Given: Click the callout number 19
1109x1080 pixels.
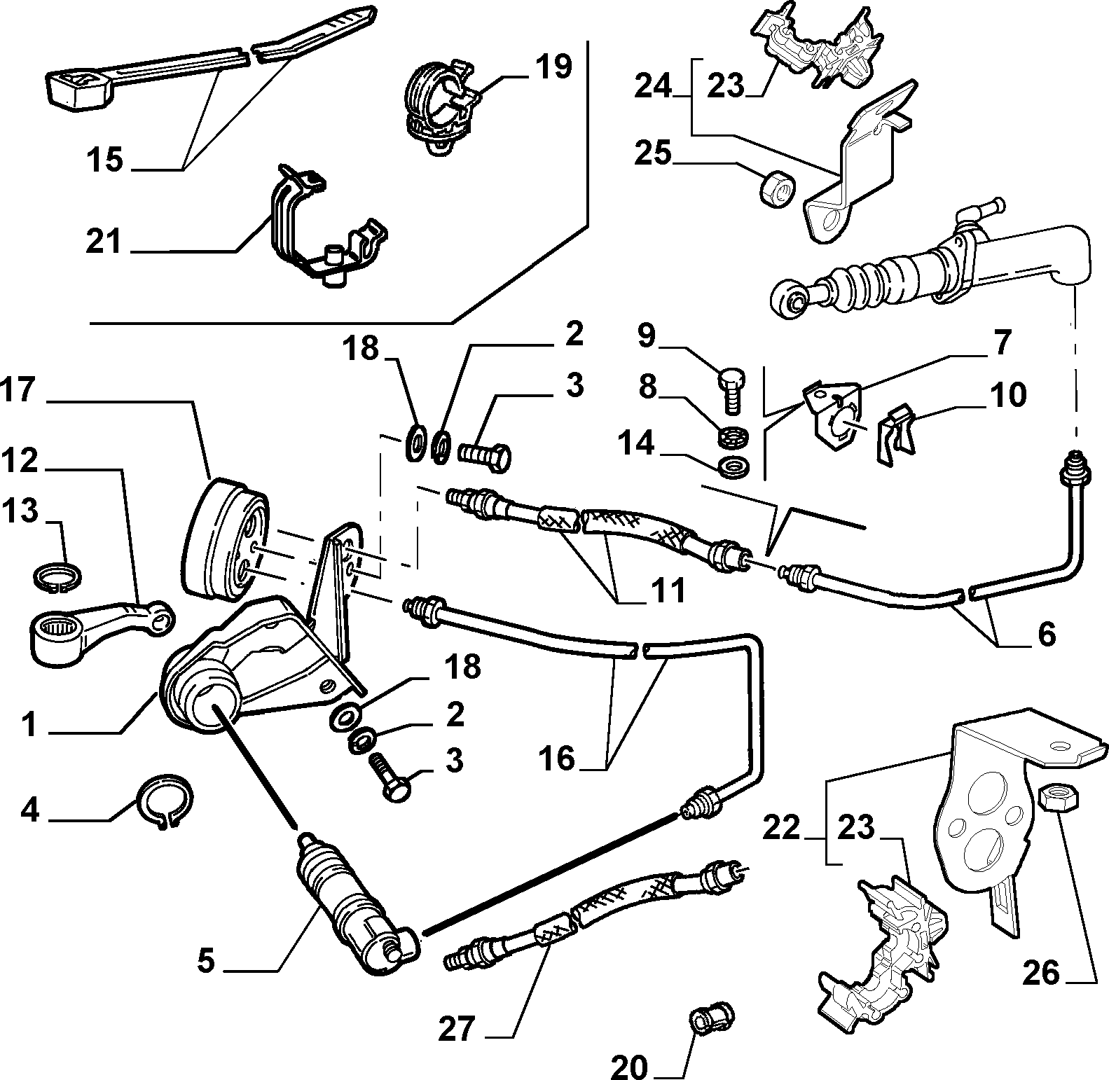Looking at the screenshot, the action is click(x=553, y=68).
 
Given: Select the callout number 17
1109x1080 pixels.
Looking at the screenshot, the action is click(x=18, y=391).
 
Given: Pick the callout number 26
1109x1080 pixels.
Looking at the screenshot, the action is click(x=1041, y=974).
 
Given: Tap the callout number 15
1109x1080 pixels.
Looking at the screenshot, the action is click(x=105, y=160).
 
